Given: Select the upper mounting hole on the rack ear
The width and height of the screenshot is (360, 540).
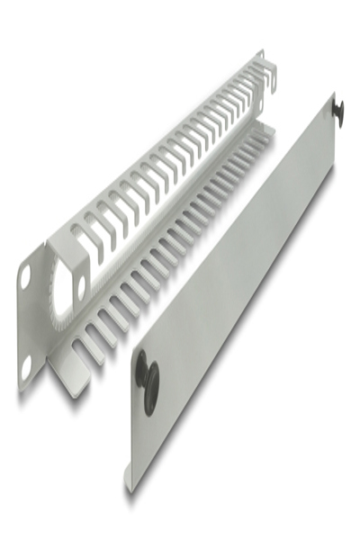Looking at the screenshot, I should pos(25,276).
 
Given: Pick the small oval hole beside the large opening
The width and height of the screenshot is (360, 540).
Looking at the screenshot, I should pos(82,285).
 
